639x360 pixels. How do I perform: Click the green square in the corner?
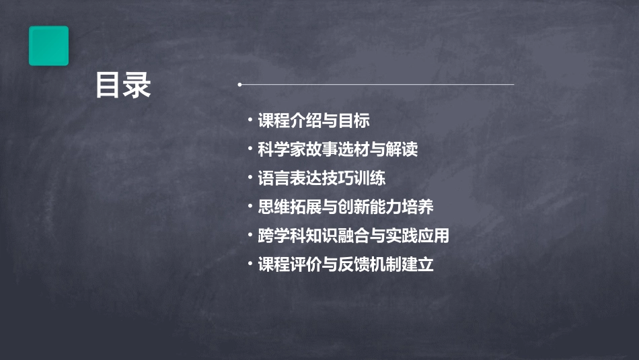(x=48, y=46)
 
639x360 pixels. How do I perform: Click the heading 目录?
(x=122, y=86)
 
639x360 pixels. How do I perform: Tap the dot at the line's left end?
(x=239, y=85)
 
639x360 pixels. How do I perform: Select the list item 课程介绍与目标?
(x=313, y=121)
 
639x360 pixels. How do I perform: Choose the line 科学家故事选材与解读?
(x=338, y=149)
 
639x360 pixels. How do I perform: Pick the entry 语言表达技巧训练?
(x=322, y=178)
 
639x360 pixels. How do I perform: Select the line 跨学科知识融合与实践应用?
(x=353, y=236)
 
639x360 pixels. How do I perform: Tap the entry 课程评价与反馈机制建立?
(x=346, y=264)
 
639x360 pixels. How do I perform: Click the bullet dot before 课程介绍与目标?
(x=250, y=121)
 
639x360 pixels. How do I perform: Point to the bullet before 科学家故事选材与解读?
(x=250, y=149)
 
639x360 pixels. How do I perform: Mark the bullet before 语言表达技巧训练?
(x=250, y=178)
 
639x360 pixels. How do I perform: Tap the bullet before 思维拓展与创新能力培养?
(x=250, y=207)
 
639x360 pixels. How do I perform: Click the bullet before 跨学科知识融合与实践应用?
(x=250, y=236)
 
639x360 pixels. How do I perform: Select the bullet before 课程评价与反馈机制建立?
(x=250, y=264)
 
